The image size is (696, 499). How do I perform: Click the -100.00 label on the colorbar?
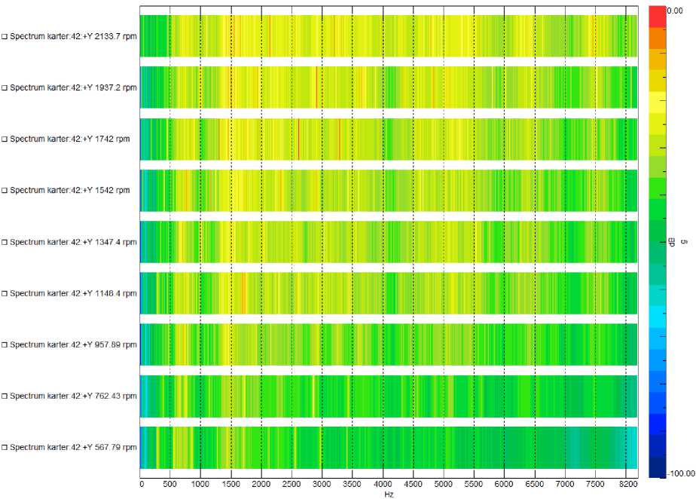tap(679, 473)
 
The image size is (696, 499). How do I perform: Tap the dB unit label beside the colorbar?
tap(672, 240)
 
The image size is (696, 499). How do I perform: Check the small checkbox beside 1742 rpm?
tap(5, 139)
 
